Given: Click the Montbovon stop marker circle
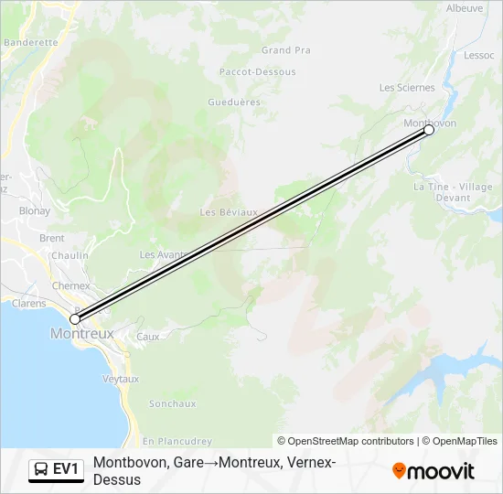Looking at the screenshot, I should coord(429,131).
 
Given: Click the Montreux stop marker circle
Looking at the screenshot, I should coord(75,319).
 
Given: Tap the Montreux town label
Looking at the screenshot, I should coord(82,334).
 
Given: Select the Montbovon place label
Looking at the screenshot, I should coord(430,123).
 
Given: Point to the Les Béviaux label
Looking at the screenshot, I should coord(229,212).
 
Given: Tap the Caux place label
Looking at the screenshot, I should coord(148,337).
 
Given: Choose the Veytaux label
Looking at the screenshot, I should coord(121,379).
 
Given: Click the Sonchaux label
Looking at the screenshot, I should coord(172,403).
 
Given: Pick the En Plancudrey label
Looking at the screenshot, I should coord(177,441).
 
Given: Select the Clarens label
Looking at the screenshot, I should coord(28,303).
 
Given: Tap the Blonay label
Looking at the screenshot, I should coord(35,210).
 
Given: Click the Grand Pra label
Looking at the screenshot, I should coord(286,50).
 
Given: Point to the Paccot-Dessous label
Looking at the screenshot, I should coord(258,71).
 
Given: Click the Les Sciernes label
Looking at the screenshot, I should coord(407,88).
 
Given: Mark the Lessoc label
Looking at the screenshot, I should coord(478,55).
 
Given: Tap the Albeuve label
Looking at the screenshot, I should coord(465,8).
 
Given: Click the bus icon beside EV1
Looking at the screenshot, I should coord(41,470).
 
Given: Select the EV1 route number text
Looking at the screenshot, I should coord(67,470).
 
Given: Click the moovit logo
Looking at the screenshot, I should coord(433,471).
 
